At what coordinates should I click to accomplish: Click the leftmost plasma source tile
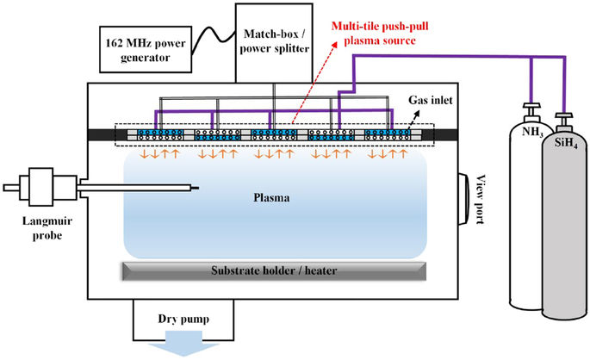coord(156,135)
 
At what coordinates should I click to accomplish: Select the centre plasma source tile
coord(274,135)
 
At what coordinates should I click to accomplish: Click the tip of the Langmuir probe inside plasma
coord(199,187)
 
